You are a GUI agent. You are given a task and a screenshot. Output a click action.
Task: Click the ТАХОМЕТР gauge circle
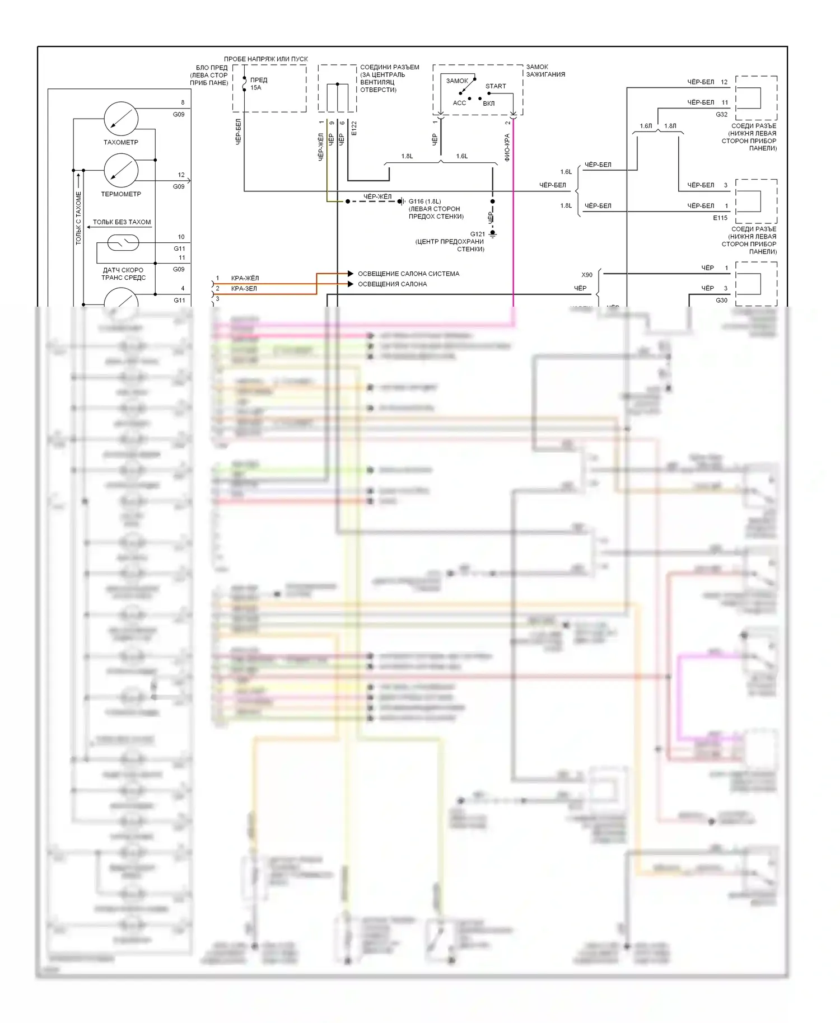click(121, 119)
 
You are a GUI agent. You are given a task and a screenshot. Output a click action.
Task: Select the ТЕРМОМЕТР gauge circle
click(121, 171)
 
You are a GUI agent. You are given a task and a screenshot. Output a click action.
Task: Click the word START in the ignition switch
click(495, 86)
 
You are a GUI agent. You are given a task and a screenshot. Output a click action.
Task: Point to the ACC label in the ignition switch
click(459, 103)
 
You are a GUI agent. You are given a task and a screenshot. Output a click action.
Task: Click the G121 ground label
click(477, 234)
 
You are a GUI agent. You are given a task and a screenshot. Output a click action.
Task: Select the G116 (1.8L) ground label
click(424, 201)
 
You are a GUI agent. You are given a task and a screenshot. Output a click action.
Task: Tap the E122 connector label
click(354, 128)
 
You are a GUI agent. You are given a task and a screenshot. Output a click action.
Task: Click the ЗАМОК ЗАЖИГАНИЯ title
click(545, 71)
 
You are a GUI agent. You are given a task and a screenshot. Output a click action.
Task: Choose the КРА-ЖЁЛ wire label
click(245, 278)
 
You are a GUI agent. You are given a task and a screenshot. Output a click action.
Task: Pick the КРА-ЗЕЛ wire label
click(244, 289)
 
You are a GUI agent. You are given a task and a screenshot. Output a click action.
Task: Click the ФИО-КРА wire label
click(507, 147)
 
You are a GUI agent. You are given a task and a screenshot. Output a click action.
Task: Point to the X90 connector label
click(586, 275)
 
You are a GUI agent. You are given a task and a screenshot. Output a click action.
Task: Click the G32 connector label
click(721, 114)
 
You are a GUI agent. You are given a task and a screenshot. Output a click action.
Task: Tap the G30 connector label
click(721, 301)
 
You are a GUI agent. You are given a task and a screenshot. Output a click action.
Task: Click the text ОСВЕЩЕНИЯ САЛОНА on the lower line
click(392, 284)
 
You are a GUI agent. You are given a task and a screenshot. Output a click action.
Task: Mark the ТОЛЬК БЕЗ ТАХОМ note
click(122, 222)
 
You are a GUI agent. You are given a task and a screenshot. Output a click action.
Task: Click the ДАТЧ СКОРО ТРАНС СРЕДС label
click(123, 274)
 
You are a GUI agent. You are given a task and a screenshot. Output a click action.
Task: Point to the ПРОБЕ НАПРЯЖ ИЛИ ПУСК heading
click(265, 59)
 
